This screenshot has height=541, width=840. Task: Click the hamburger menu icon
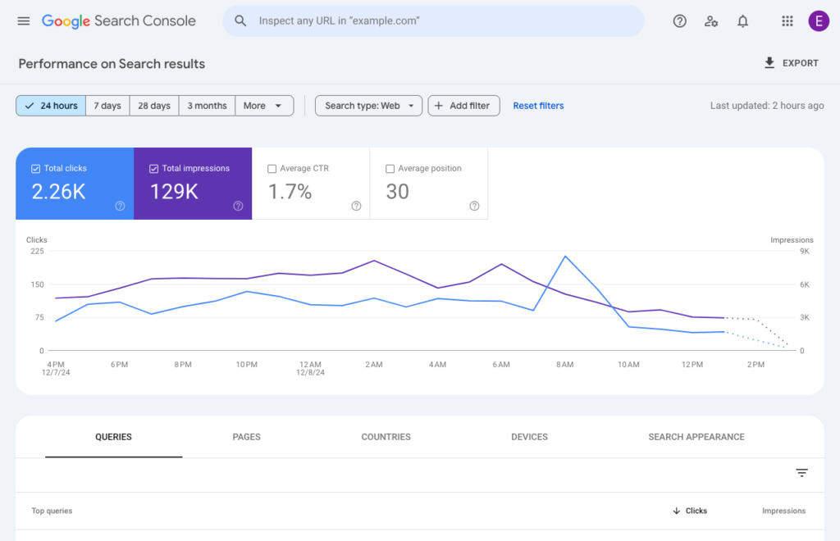click(23, 21)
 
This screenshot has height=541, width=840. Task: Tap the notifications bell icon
click(742, 21)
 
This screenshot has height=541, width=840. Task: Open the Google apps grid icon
click(787, 21)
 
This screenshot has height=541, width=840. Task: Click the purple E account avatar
click(818, 21)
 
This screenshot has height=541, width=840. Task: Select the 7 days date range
click(107, 106)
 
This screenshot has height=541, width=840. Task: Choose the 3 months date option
click(207, 106)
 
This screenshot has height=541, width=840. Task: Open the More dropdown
click(264, 106)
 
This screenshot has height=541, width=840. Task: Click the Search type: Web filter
click(368, 106)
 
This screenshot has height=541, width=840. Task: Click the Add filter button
click(463, 106)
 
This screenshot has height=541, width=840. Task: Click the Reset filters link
click(538, 106)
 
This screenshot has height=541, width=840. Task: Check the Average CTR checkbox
click(272, 169)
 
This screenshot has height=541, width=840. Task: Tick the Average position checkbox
click(390, 169)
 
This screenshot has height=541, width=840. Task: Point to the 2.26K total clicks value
click(59, 192)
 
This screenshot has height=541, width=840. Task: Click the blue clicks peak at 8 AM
click(565, 257)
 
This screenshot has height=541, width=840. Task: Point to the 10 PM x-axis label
click(247, 364)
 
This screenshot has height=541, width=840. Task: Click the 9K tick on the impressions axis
click(804, 252)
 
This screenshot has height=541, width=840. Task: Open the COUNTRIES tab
click(386, 437)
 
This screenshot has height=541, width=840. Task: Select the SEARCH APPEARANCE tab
click(696, 437)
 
